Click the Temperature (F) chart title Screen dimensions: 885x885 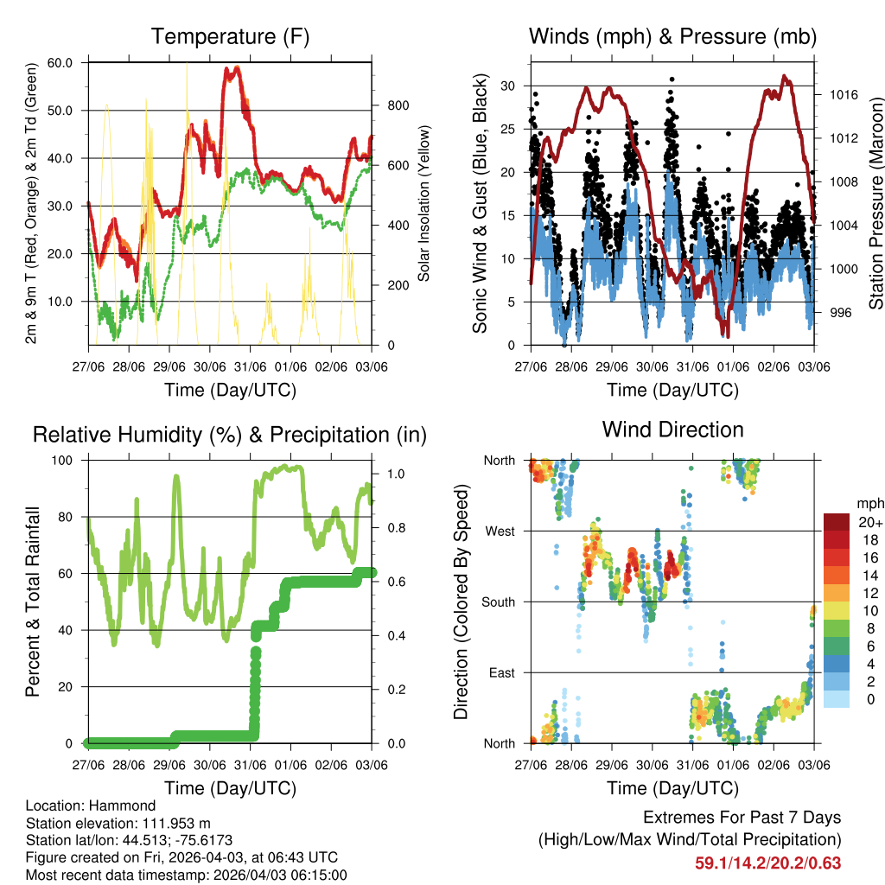pyautogui.click(x=230, y=36)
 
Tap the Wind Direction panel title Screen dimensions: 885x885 pyautogui.click(x=672, y=429)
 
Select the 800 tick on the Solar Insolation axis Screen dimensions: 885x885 pyautogui.click(x=398, y=105)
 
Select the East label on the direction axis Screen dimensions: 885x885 pyautogui.click(x=500, y=672)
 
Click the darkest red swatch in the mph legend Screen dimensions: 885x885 pyautogui.click(x=837, y=522)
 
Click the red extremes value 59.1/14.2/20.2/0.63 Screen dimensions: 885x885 pyautogui.click(x=767, y=863)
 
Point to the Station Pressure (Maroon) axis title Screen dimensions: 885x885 pyautogui.click(x=875, y=190)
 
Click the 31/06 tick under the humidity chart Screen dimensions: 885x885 pyautogui.click(x=250, y=765)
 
